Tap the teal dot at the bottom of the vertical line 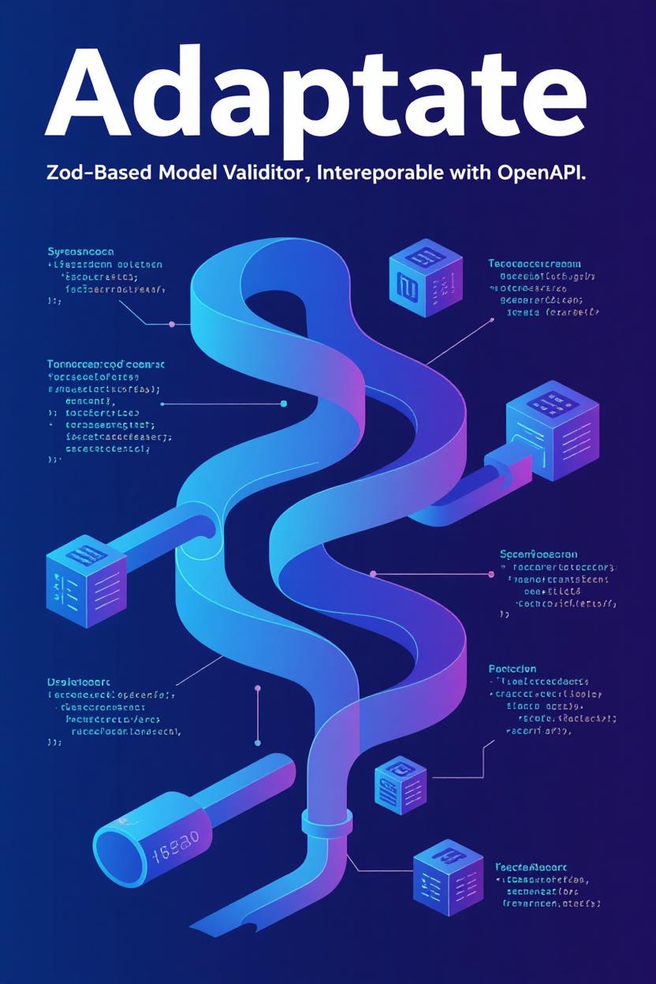tap(258, 743)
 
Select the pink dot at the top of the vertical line tap(258, 688)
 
